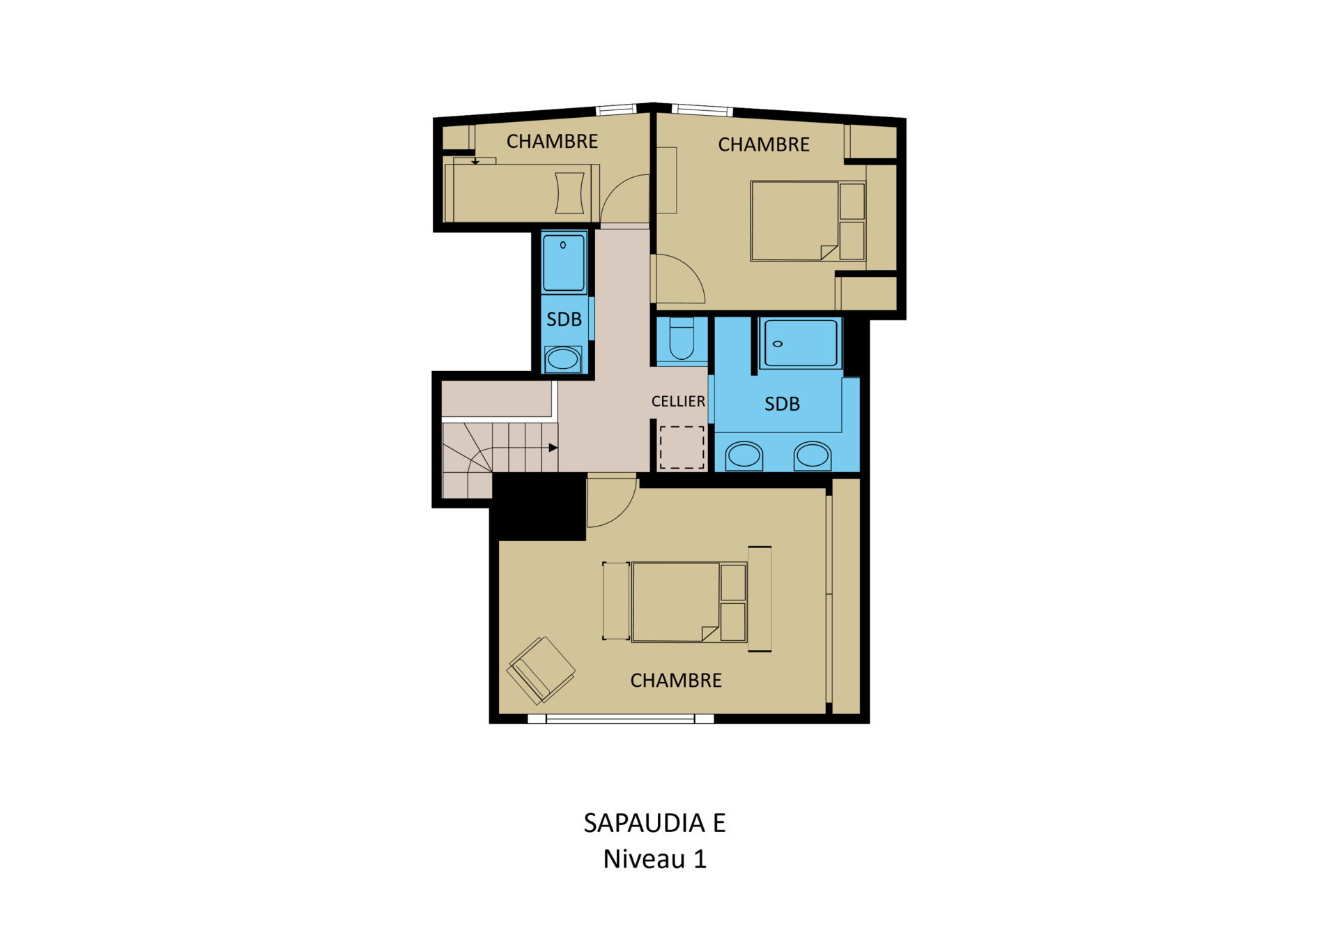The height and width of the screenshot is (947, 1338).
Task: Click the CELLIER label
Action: (x=678, y=401)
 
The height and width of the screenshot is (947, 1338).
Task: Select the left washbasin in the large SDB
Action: (x=744, y=456)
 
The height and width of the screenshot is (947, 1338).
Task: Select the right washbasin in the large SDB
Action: (x=813, y=456)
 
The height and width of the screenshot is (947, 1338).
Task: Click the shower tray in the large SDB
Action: (x=801, y=342)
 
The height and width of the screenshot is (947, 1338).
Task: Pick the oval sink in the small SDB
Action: (x=562, y=359)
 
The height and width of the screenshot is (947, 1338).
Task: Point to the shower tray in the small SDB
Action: (x=564, y=263)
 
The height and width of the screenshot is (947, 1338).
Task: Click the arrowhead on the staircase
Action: (x=553, y=448)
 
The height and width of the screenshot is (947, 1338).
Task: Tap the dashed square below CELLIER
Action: (x=682, y=448)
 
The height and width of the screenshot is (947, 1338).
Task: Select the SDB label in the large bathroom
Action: (x=782, y=404)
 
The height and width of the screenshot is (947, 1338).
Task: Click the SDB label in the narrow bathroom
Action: (x=564, y=319)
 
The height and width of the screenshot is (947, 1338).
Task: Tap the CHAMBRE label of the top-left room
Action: (x=552, y=142)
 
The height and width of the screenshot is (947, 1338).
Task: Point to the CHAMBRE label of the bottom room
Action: (x=676, y=681)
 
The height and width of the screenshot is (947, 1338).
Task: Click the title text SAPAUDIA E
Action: (x=654, y=824)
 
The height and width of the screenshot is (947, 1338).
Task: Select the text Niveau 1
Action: (x=654, y=859)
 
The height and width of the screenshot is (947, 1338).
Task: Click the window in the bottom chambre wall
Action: (x=620, y=718)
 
